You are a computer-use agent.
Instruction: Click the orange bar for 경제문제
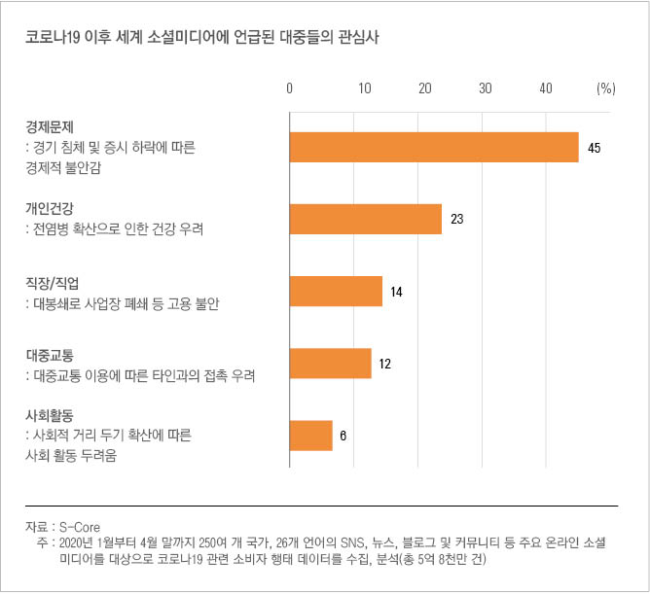pyautogui.click(x=434, y=148)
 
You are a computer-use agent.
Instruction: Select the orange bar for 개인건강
pyautogui.click(x=366, y=220)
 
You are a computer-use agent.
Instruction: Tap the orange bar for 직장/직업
pyautogui.click(x=336, y=292)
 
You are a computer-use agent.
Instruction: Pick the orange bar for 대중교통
pyautogui.click(x=331, y=364)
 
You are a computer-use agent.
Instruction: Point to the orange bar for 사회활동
pyautogui.click(x=311, y=436)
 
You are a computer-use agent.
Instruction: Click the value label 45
pyautogui.click(x=595, y=149)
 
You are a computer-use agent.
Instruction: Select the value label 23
pyautogui.click(x=457, y=220)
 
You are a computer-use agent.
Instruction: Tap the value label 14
pyautogui.click(x=397, y=292)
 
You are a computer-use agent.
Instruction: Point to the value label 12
pyautogui.click(x=385, y=364)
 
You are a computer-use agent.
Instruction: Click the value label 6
pyautogui.click(x=343, y=436)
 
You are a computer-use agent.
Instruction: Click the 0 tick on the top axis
pyautogui.click(x=290, y=87)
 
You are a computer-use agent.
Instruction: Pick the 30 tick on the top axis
pyautogui.click(x=485, y=87)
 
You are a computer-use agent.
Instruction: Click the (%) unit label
pyautogui.click(x=605, y=87)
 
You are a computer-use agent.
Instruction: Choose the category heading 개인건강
pyautogui.click(x=50, y=209)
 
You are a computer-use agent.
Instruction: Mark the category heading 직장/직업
pyautogui.click(x=53, y=283)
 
